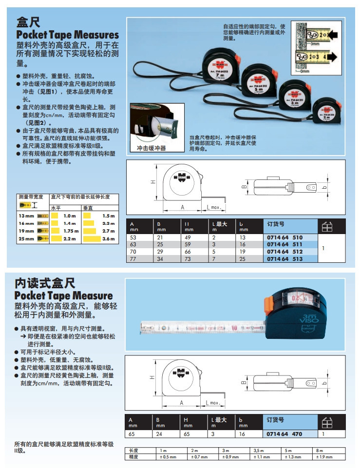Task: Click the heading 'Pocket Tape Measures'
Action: (68, 35)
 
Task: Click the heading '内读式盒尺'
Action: (45, 283)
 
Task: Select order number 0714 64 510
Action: (285, 237)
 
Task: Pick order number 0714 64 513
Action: (285, 259)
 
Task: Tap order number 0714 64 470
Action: (285, 434)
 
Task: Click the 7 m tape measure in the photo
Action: (220, 71)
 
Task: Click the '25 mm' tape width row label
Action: (27, 238)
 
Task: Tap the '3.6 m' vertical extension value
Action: (108, 239)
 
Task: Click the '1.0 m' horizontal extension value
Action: (70, 216)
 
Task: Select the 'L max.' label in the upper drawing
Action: (215, 207)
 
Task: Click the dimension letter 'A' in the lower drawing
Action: (181, 403)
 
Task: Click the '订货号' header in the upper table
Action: (276, 225)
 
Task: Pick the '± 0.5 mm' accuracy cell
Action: (169, 457)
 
